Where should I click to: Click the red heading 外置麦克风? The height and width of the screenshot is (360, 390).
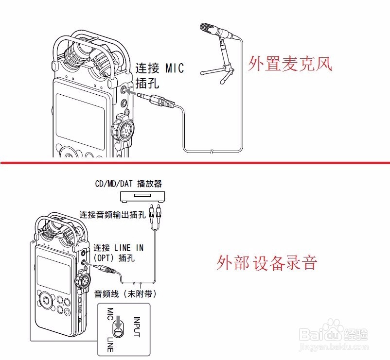290,64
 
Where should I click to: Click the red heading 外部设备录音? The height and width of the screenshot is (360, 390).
267,263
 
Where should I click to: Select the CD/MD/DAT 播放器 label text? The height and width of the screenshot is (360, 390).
128,184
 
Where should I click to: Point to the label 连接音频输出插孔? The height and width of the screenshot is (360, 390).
113,214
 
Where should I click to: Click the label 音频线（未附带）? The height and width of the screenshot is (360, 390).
126,294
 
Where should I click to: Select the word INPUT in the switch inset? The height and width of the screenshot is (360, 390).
137,326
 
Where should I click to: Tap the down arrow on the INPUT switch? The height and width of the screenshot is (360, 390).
118,322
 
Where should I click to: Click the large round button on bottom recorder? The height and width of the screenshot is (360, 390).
47,300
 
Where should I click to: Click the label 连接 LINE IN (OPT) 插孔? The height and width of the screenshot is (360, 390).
119,252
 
